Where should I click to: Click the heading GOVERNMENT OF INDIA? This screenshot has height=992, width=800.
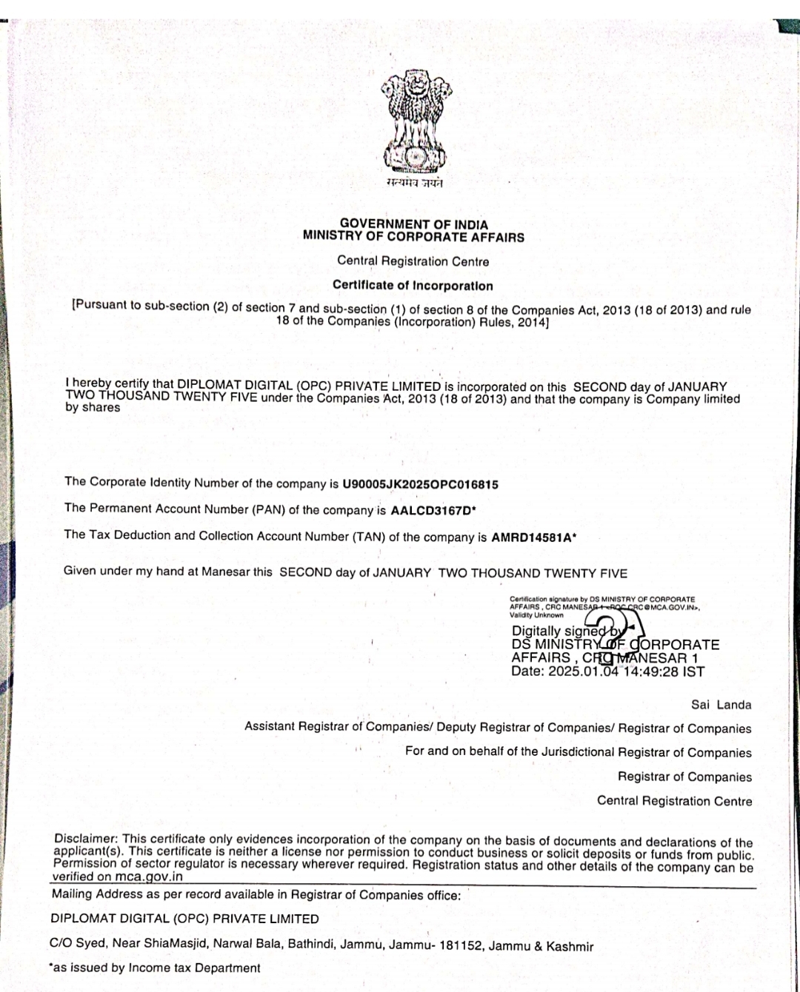(413, 224)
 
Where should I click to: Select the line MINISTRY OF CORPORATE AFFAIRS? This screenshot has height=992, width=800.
(413, 237)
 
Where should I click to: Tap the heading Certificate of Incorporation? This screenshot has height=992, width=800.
(413, 285)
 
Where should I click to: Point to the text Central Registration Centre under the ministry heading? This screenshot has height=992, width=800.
(413, 261)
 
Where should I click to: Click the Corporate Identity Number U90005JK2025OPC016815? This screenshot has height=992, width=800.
(420, 485)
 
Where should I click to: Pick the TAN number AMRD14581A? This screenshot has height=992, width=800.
(531, 537)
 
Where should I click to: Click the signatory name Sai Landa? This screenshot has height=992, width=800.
(721, 705)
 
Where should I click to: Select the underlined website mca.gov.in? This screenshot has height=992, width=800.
(148, 877)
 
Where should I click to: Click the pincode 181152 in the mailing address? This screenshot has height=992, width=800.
(461, 946)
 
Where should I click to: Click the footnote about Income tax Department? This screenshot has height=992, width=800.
(155, 968)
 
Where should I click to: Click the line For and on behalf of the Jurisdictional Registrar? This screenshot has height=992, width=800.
(578, 752)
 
